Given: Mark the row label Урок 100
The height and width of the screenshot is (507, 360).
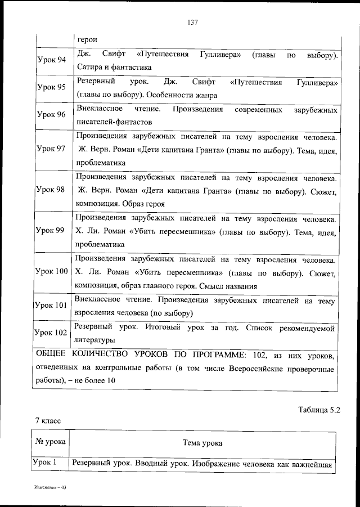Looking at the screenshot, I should pyautogui.click(x=51, y=272).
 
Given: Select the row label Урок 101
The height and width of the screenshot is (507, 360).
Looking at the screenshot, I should pyautogui.click(x=51, y=306).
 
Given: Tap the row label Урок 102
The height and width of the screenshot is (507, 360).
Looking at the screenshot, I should pyautogui.click(x=51, y=333).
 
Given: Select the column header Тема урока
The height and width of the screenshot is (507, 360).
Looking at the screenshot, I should pyautogui.click(x=202, y=443).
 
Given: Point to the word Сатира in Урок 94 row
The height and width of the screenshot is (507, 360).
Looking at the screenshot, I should pyautogui.click(x=88, y=68).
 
